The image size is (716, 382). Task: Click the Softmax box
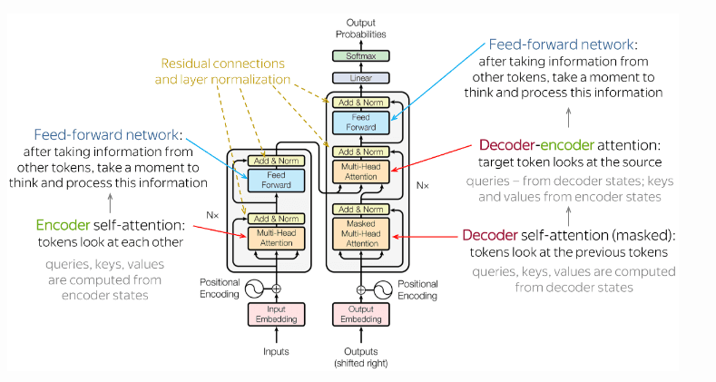click(360, 55)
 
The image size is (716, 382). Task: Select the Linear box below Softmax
click(360, 78)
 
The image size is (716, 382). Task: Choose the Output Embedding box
click(360, 314)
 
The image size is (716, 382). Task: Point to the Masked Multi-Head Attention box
click(360, 233)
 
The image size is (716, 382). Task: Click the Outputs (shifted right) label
click(360, 357)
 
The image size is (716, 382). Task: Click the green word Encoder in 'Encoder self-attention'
click(64, 223)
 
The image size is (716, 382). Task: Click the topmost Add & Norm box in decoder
click(360, 103)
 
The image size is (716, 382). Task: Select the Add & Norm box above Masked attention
click(360, 210)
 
